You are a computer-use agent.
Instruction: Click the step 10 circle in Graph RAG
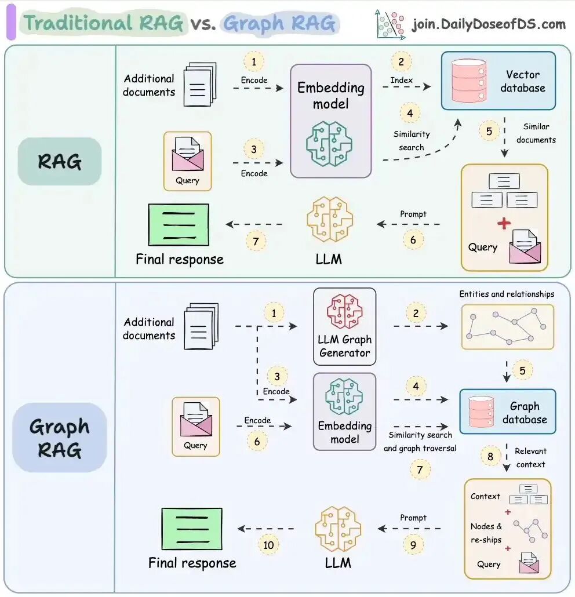tap(268, 545)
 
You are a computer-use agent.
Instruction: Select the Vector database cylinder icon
tap(468, 81)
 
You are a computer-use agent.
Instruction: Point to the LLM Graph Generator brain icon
tap(344, 312)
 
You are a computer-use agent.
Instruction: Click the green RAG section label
tap(59, 161)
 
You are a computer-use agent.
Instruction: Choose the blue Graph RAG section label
tap(59, 438)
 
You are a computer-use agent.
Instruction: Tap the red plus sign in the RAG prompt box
tap(504, 223)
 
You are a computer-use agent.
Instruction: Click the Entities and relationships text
tap(506, 294)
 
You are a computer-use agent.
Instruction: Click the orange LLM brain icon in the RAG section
tap(329, 219)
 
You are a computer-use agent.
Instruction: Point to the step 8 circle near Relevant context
tap(490, 457)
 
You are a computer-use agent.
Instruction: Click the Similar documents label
tap(536, 133)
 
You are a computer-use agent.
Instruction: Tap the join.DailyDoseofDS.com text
tap(488, 24)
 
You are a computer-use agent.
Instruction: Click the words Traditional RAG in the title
tap(104, 24)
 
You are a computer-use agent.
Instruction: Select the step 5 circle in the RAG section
tap(489, 132)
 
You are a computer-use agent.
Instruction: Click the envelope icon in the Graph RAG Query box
tap(195, 420)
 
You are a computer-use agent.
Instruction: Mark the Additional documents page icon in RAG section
tap(199, 85)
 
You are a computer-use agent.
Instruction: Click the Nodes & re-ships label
tap(486, 533)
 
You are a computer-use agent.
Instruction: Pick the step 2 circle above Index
tap(401, 61)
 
